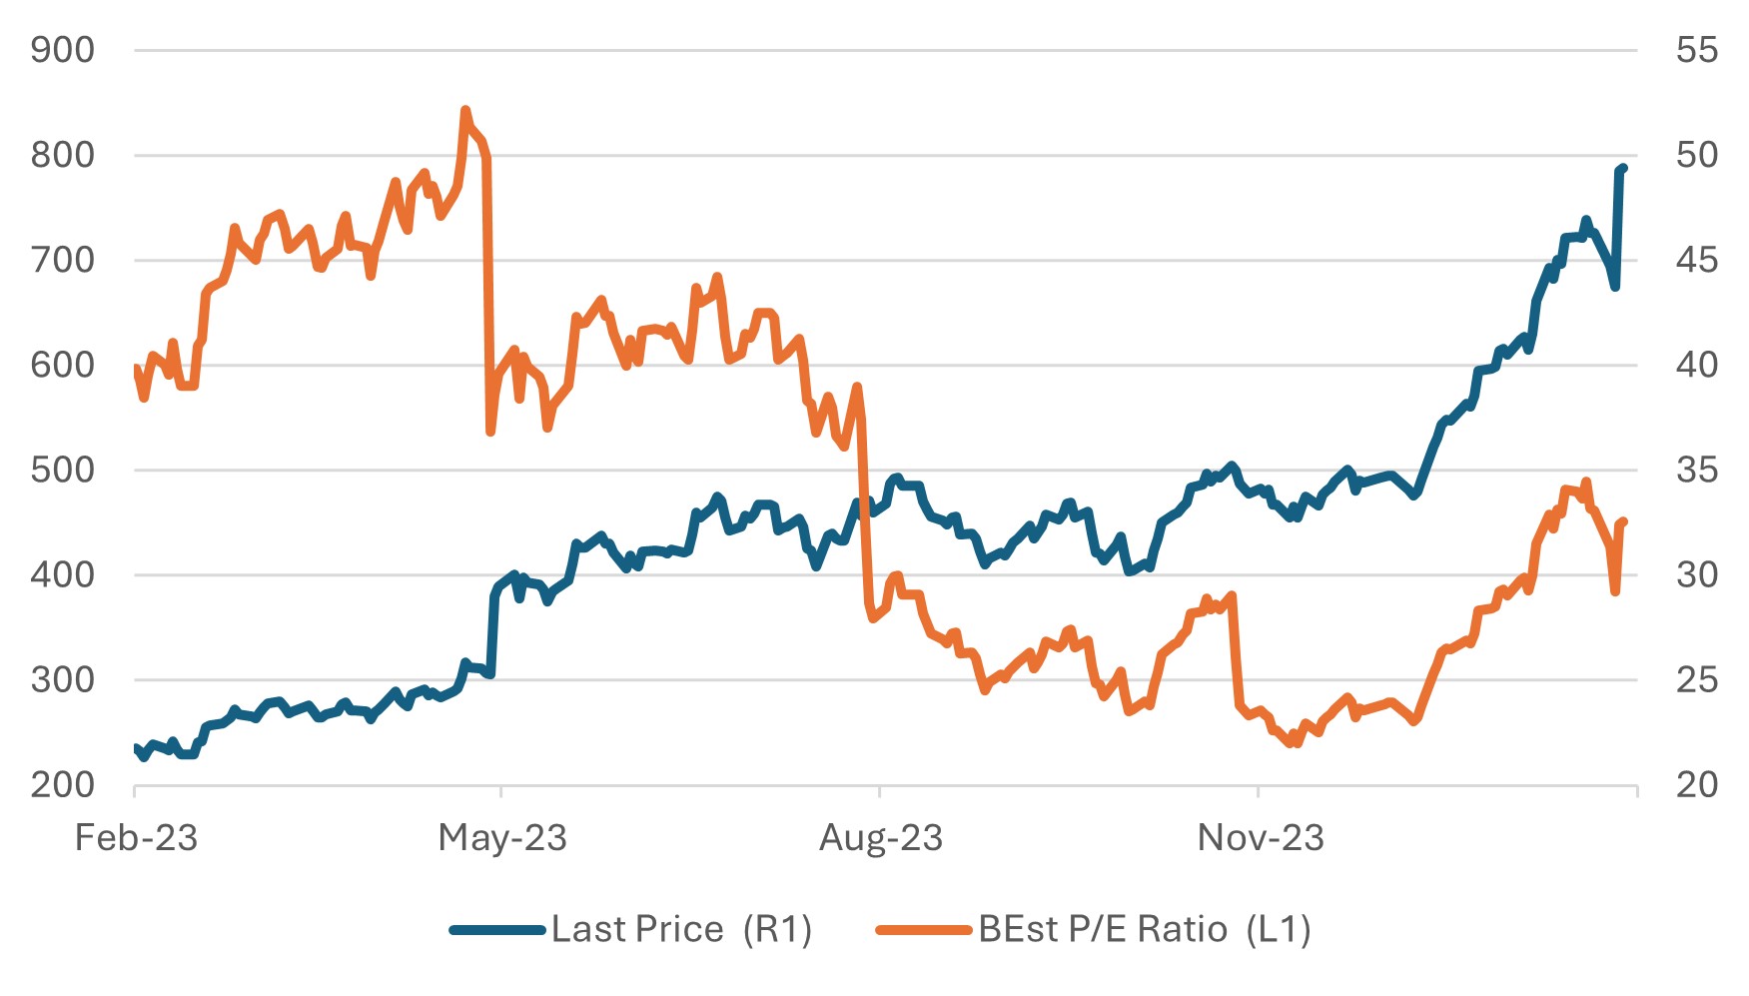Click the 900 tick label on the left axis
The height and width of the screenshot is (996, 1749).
pyautogui.click(x=62, y=50)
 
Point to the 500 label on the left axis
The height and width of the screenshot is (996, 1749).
pyautogui.click(x=62, y=470)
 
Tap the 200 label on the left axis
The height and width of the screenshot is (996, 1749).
pyautogui.click(x=62, y=785)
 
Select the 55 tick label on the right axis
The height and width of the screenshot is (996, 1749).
pyautogui.click(x=1696, y=50)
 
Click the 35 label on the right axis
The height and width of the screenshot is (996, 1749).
pyautogui.click(x=1696, y=470)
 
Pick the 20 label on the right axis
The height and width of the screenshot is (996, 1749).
pyautogui.click(x=1696, y=785)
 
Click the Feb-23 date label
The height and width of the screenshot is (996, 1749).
pyautogui.click(x=136, y=838)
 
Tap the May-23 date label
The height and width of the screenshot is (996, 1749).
pyautogui.click(x=502, y=838)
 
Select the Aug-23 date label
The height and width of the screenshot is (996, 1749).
pyautogui.click(x=881, y=838)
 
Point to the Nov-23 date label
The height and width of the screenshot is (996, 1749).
pyautogui.click(x=1261, y=838)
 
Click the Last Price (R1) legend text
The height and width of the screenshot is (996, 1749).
pyautogui.click(x=681, y=930)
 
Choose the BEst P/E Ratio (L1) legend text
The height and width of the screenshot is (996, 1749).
pyautogui.click(x=1144, y=930)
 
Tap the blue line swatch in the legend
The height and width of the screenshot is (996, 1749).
pyautogui.click(x=498, y=930)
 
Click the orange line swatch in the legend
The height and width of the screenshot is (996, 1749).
pyautogui.click(x=924, y=930)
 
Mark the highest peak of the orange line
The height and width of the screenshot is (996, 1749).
pyautogui.click(x=465, y=111)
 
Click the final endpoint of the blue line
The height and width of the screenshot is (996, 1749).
pyautogui.click(x=1624, y=168)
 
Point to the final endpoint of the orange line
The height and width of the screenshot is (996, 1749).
pyautogui.click(x=1625, y=521)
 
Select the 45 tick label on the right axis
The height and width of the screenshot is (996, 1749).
pyautogui.click(x=1696, y=260)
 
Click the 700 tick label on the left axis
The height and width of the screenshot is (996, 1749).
pyautogui.click(x=62, y=260)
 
